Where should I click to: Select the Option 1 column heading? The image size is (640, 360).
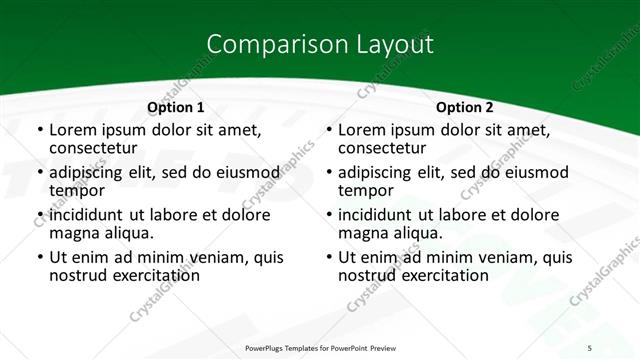click(x=176, y=107)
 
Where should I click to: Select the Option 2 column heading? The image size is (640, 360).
click(x=465, y=107)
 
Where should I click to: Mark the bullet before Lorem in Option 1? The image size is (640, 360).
click(x=39, y=130)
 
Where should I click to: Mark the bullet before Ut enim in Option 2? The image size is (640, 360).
click(x=328, y=257)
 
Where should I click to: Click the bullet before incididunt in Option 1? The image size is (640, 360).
click(x=39, y=214)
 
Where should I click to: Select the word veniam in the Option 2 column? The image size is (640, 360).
click(x=483, y=256)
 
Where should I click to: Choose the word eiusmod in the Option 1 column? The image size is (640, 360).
click(x=244, y=171)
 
